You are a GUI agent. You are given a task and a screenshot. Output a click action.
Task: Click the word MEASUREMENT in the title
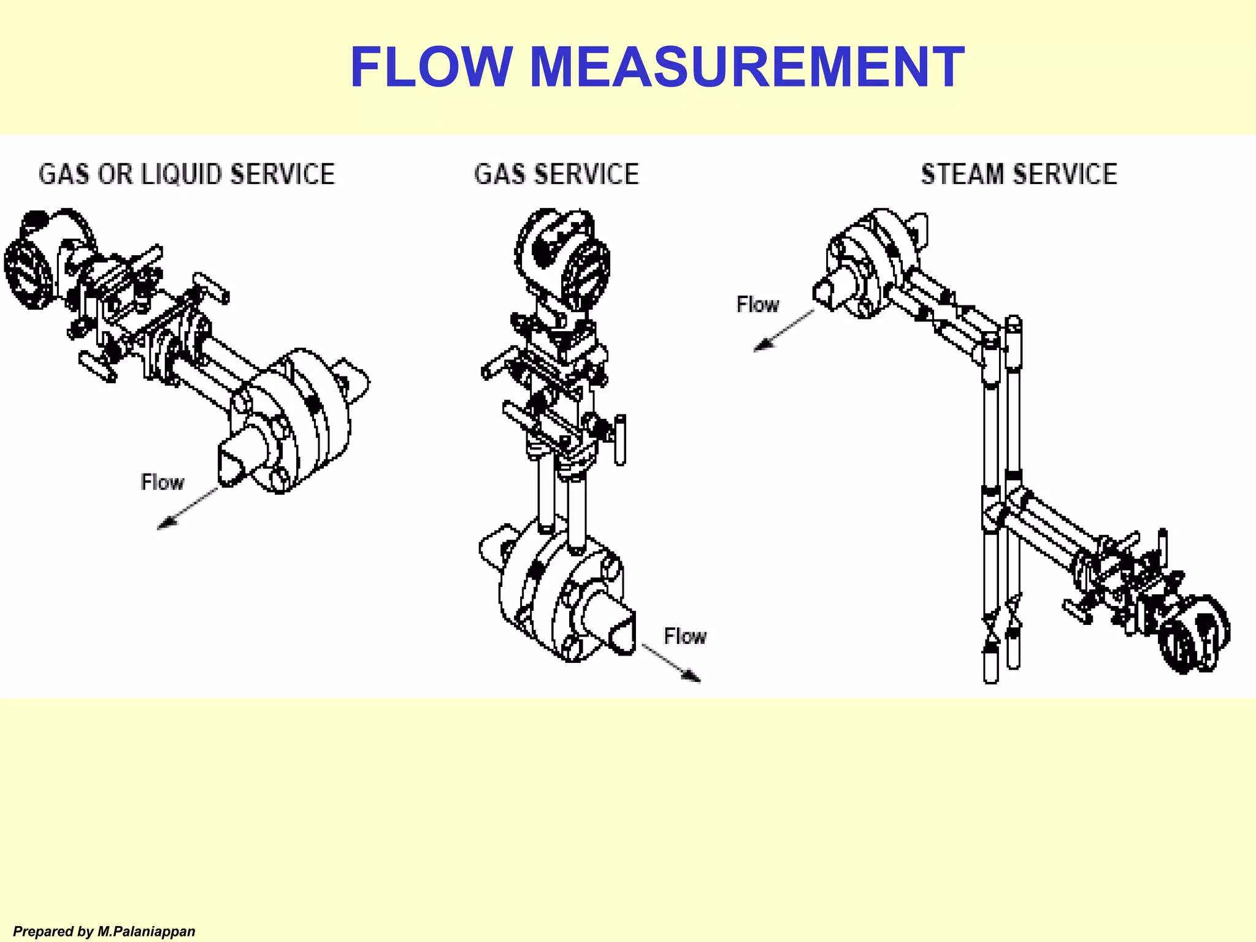746,67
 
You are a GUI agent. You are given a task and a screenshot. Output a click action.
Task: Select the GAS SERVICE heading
556,174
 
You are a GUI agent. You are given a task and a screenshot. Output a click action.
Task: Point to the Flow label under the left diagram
162,482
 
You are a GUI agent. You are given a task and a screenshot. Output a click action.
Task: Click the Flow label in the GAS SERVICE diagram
684,637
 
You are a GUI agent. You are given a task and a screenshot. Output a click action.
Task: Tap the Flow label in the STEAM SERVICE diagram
757,304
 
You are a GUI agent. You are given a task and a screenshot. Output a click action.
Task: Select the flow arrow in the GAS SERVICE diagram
672,663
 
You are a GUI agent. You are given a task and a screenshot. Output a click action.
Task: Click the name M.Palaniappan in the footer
146,932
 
